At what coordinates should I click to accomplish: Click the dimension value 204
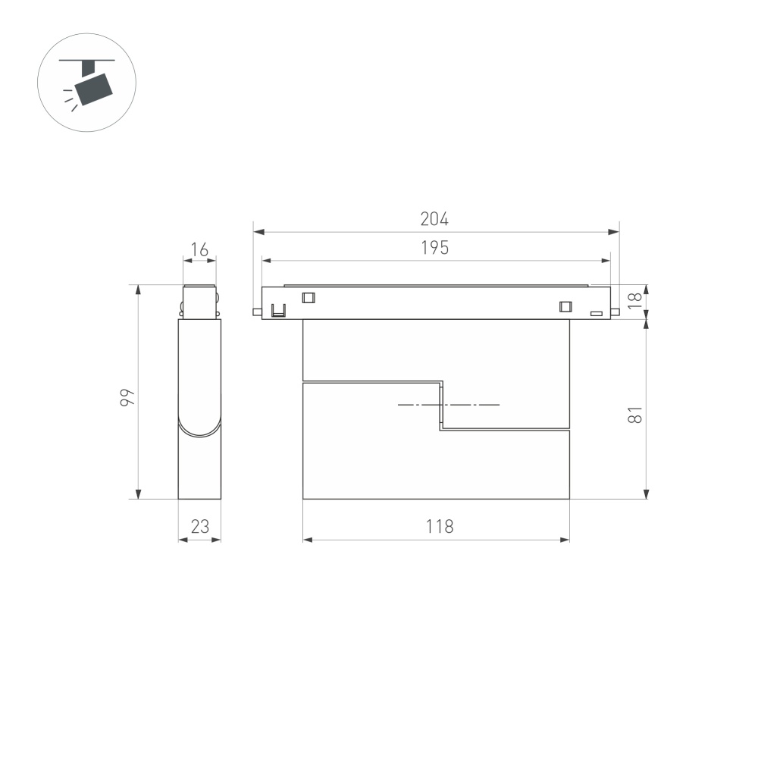tap(434, 219)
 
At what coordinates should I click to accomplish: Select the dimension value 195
tap(434, 248)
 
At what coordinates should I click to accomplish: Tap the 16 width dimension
tap(199, 249)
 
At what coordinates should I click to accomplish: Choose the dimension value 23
tap(199, 527)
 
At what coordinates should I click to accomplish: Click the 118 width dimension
tap(439, 527)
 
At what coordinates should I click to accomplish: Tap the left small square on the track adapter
tap(308, 298)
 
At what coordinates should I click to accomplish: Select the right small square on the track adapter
tap(564, 306)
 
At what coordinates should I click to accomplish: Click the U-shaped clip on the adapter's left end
tap(278, 310)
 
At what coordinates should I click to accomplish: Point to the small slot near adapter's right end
tap(597, 312)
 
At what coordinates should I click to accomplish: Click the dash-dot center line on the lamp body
tap(449, 405)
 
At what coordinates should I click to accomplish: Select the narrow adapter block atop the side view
tap(200, 302)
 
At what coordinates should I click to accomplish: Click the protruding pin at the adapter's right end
tap(617, 311)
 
